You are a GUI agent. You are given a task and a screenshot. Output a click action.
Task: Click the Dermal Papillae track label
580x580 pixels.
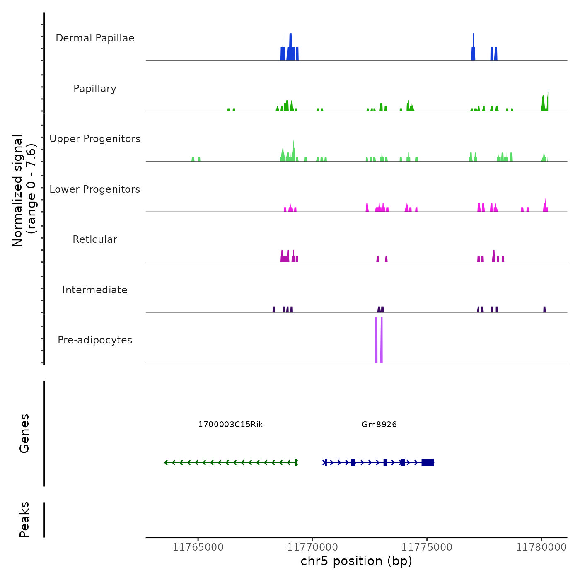(95, 38)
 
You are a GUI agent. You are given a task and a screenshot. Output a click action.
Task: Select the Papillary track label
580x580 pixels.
(95, 89)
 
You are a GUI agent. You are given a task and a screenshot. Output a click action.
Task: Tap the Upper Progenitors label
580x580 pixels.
(95, 139)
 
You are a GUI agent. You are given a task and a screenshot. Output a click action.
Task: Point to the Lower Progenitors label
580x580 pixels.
(95, 189)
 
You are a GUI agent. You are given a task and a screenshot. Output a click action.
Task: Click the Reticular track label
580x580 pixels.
(95, 239)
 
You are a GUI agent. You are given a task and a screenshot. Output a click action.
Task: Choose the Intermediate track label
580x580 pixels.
(95, 290)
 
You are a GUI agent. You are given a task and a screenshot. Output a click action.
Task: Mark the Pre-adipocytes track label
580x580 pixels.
(95, 340)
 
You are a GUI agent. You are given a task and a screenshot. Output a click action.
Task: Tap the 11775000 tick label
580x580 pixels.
(427, 547)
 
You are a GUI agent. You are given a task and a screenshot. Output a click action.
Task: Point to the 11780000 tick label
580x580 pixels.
(541, 547)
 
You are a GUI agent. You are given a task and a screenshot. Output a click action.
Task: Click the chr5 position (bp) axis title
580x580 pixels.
(356, 561)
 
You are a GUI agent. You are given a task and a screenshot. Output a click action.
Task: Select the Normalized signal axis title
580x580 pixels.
(24, 190)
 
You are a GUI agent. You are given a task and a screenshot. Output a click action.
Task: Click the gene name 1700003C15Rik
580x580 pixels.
(230, 424)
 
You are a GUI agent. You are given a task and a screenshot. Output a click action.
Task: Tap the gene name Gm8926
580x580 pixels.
(379, 424)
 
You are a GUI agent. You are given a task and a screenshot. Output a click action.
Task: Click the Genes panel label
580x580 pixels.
(24, 433)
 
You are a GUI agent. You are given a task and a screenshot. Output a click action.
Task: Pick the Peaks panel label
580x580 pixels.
(24, 520)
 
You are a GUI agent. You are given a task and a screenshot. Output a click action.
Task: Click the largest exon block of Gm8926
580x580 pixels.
(428, 462)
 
